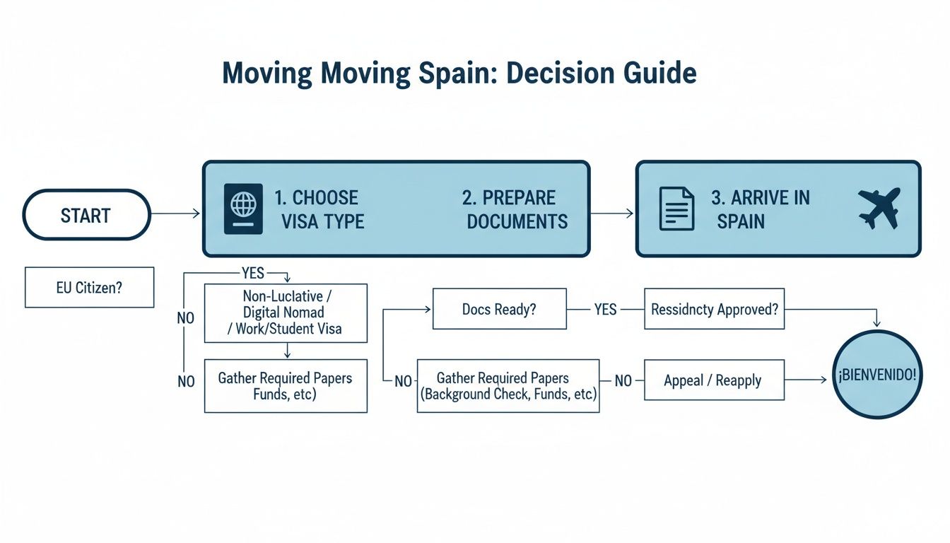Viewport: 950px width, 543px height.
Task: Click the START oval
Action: (x=87, y=215)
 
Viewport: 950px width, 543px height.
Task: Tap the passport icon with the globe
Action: (x=243, y=209)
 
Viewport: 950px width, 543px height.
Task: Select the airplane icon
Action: (x=879, y=208)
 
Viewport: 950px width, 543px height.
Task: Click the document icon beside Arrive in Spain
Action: (x=676, y=209)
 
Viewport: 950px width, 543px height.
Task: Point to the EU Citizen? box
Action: (x=89, y=287)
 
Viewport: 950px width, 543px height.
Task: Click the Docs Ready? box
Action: (x=499, y=309)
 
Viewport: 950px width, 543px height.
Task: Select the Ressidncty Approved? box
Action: (x=714, y=309)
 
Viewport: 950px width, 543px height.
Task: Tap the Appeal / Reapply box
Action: (x=714, y=380)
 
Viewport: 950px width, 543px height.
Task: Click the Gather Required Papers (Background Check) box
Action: (x=508, y=386)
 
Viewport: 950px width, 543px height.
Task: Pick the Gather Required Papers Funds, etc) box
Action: (x=286, y=386)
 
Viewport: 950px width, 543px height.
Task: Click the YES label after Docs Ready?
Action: (x=605, y=309)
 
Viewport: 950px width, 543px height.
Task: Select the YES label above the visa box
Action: (x=252, y=273)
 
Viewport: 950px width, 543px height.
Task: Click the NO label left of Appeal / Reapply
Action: (x=623, y=381)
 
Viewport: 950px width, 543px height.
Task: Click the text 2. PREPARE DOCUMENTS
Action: (x=516, y=209)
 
